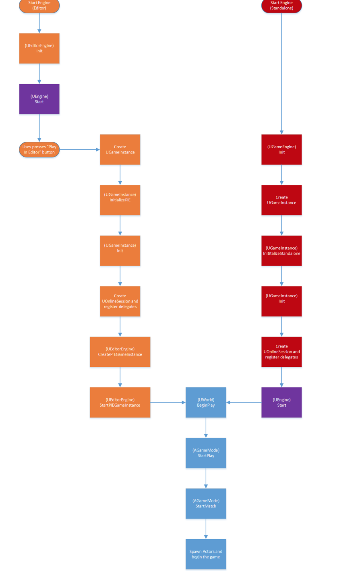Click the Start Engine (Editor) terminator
pyautogui.click(x=39, y=6)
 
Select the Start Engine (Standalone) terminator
pyautogui.click(x=281, y=6)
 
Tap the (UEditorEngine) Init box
pyautogui.click(x=39, y=48)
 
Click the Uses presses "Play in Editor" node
pyautogui.click(x=39, y=149)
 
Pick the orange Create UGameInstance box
pyautogui.click(x=120, y=149)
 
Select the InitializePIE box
pyautogui.click(x=120, y=200)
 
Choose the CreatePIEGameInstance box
pyautogui.click(x=120, y=352)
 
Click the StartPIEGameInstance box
pyautogui.click(x=120, y=402)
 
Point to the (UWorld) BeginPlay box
pyautogui.click(x=206, y=402)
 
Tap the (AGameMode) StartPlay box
pyautogui.click(x=206, y=453)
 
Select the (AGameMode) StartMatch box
pyautogui.click(x=206, y=503)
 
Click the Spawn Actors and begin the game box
pyautogui.click(x=206, y=554)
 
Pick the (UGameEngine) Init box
pyautogui.click(x=281, y=149)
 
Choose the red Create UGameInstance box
pyautogui.click(x=281, y=200)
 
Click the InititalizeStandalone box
pyautogui.click(x=281, y=250)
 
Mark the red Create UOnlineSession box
pyautogui.click(x=281, y=352)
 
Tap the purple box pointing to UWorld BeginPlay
pyautogui.click(x=281, y=402)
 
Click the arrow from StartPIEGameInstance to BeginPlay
pyautogui.click(x=168, y=402)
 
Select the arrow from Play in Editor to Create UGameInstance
pyautogui.click(x=80, y=149)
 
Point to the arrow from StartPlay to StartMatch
pyautogui.click(x=206, y=478)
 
